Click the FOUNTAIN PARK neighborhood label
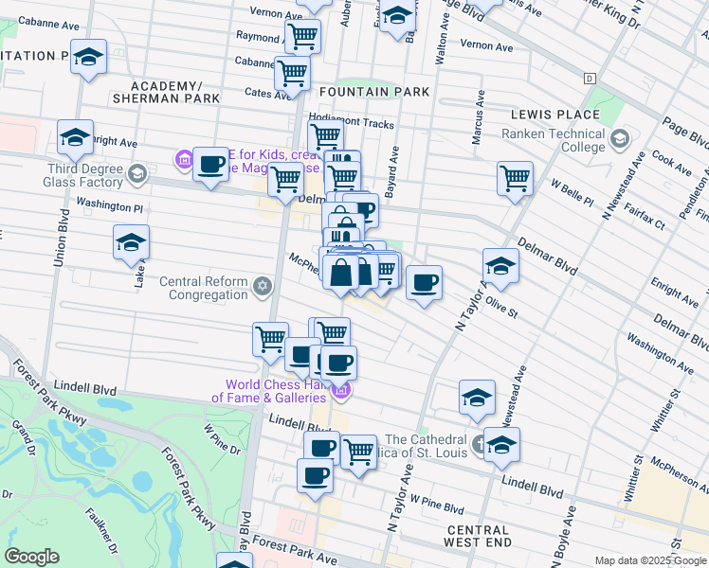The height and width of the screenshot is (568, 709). tap(374, 92)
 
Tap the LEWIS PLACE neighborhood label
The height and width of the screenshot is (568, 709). tap(555, 115)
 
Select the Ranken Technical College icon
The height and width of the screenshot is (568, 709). tap(620, 139)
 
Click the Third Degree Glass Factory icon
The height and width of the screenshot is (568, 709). tap(138, 172)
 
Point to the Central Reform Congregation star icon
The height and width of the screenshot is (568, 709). tap(262, 285)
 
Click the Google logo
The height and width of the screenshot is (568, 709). tap(32, 557)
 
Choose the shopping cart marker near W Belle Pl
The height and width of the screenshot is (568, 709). tap(515, 178)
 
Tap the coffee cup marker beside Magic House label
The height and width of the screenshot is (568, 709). tap(210, 165)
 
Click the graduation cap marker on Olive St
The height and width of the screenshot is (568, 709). tap(500, 265)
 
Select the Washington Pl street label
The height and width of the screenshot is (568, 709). tap(108, 204)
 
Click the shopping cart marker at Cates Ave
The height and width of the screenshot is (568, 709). tap(292, 72)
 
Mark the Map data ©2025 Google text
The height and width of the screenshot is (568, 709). tap(650, 560)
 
